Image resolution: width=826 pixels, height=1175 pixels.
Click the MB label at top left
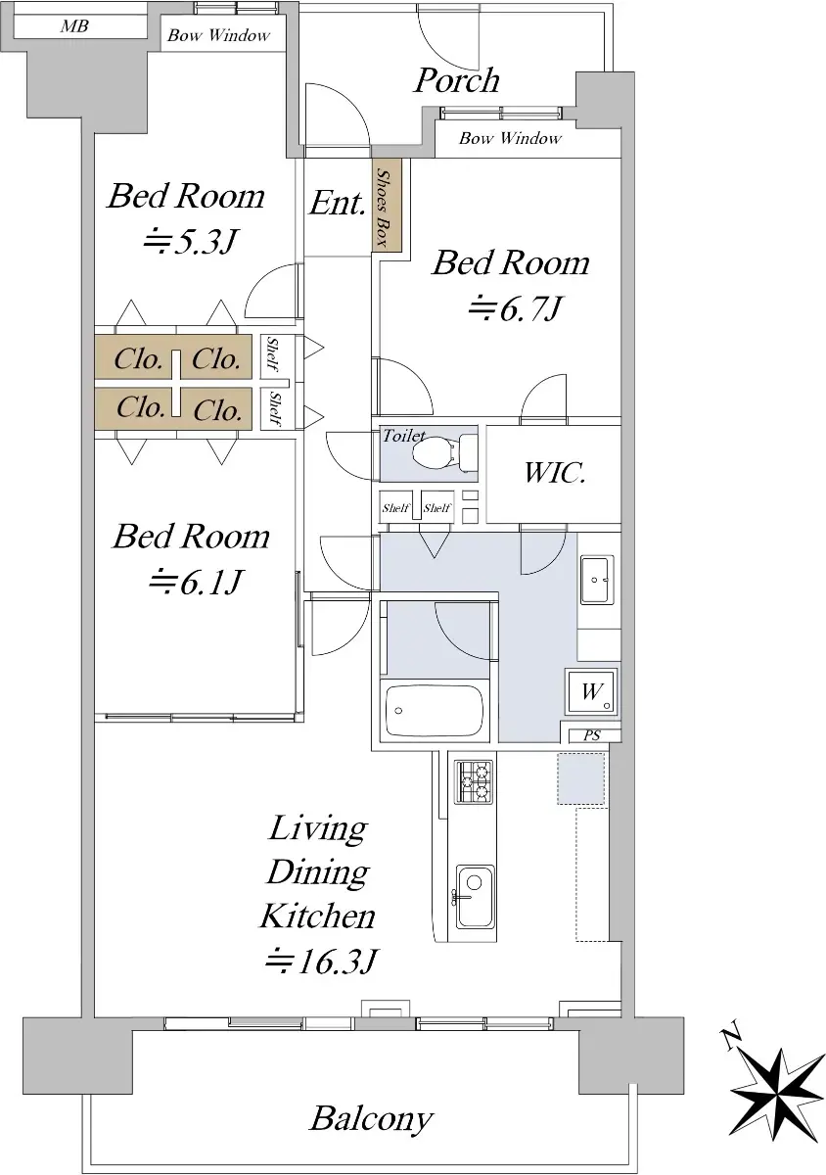click(74, 25)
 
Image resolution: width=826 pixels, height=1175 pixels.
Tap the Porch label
click(457, 80)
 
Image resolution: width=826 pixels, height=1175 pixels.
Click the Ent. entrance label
click(337, 203)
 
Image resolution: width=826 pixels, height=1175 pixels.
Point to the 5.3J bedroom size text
click(192, 242)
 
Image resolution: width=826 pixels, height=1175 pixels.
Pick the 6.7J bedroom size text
click(515, 308)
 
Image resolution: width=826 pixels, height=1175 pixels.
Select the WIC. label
click(554, 472)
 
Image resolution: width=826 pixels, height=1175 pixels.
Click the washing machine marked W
click(591, 691)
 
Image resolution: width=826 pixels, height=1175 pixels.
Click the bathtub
click(435, 710)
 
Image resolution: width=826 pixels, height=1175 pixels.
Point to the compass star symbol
click(777, 1095)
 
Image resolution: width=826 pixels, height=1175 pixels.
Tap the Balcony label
click(371, 1120)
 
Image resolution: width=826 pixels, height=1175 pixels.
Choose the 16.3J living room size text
click(321, 961)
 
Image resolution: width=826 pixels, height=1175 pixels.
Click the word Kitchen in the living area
click(318, 916)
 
